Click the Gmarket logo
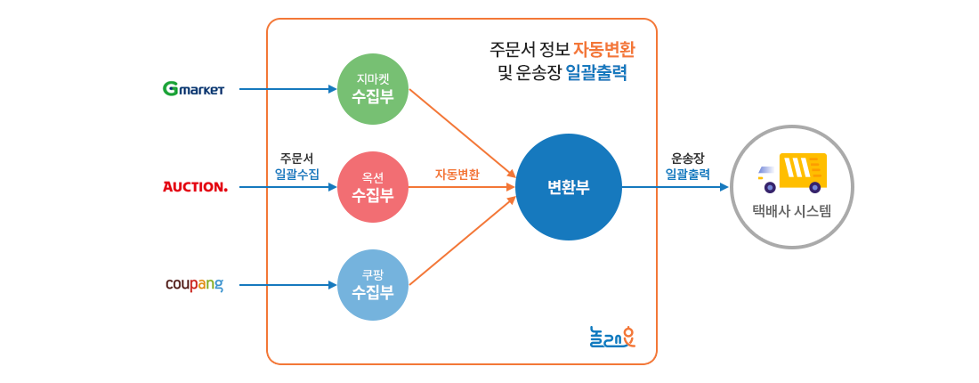[193, 89]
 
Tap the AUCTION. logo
[196, 187]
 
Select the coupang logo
[194, 285]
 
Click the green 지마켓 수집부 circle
[373, 89]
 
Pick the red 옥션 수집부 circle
[373, 187]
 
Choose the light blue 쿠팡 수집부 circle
[373, 285]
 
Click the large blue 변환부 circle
[568, 187]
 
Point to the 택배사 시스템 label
[791, 211]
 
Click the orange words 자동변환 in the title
[603, 48]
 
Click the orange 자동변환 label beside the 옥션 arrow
[457, 175]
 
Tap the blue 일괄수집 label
[297, 174]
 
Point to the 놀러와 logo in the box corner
[612, 338]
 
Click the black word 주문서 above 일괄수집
[296, 158]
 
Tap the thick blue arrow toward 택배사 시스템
[692, 187]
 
